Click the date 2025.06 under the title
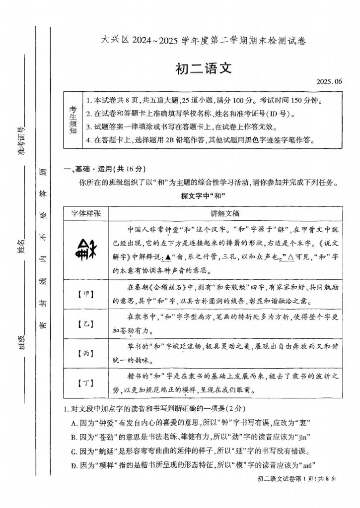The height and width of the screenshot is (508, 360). (329, 81)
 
